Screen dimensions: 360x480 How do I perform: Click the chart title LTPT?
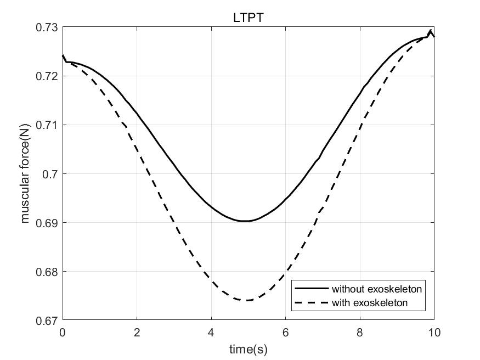(x=249, y=18)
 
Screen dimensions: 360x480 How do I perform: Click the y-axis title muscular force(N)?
(x=25, y=173)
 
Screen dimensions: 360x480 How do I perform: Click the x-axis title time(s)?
(x=249, y=348)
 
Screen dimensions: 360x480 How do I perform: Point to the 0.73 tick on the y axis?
(x=47, y=27)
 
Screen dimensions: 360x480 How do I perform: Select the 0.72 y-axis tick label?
(x=47, y=76)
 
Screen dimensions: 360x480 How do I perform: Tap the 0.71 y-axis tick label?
(x=47, y=125)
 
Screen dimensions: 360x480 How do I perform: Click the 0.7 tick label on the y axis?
(x=50, y=173)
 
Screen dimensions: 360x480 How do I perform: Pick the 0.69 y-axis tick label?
(x=47, y=222)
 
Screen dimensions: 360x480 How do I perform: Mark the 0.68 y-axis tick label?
(x=47, y=271)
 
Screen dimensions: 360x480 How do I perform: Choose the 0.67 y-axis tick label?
(x=47, y=320)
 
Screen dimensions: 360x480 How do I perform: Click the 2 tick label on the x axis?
(x=137, y=332)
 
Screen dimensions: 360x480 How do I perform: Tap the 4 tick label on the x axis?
(x=211, y=332)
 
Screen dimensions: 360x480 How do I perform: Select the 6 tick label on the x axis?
(x=285, y=332)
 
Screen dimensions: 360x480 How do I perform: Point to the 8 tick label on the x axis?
(x=360, y=332)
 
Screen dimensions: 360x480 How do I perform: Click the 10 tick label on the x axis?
(x=434, y=332)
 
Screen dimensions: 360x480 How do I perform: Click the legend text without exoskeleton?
(x=376, y=288)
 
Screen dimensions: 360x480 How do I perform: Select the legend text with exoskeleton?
(x=370, y=302)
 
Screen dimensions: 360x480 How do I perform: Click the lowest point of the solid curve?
(x=245, y=221)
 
